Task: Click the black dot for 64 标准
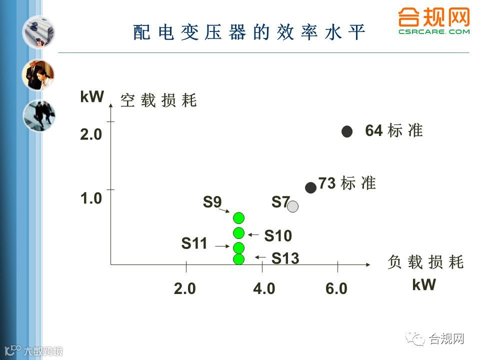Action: (x=347, y=131)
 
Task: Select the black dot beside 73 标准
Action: (x=310, y=187)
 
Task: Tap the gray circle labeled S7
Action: (x=293, y=206)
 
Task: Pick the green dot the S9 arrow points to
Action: (x=239, y=217)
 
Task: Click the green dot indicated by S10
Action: (x=239, y=232)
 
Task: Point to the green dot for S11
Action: (x=239, y=247)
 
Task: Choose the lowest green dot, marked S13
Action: (x=239, y=258)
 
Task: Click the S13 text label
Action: (x=285, y=258)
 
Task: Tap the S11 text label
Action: (x=194, y=244)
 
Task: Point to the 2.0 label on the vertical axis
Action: (x=91, y=135)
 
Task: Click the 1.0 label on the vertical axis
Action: (x=91, y=198)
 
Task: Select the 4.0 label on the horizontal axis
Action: (x=264, y=289)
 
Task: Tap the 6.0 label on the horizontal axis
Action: (x=336, y=289)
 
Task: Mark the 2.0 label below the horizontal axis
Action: (x=185, y=289)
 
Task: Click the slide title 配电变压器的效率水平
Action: (x=249, y=32)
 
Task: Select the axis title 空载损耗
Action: (x=158, y=101)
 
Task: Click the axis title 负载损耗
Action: (x=425, y=262)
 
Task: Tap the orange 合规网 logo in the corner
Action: (x=434, y=21)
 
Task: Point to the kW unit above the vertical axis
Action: (x=91, y=97)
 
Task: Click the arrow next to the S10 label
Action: (x=253, y=234)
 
